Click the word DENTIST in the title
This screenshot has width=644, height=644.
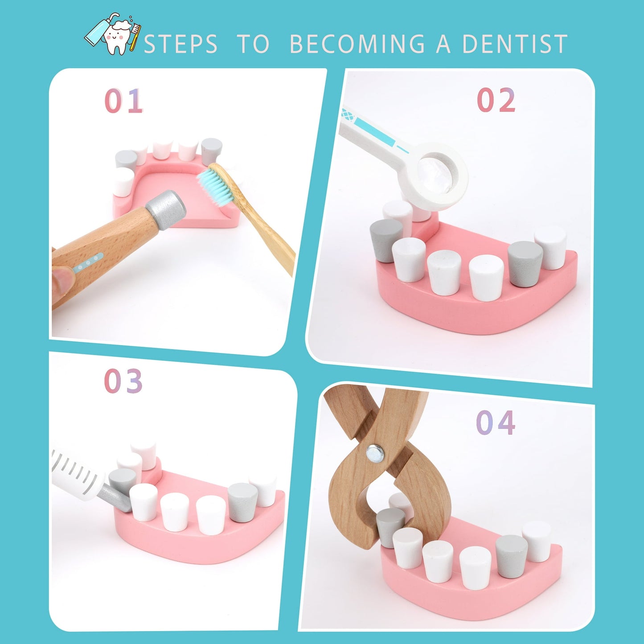click(x=515, y=43)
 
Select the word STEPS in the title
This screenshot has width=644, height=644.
click(x=180, y=43)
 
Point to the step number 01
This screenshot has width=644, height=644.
click(x=123, y=101)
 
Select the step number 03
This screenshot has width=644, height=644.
click(x=123, y=381)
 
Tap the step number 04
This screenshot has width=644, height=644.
click(x=495, y=423)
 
